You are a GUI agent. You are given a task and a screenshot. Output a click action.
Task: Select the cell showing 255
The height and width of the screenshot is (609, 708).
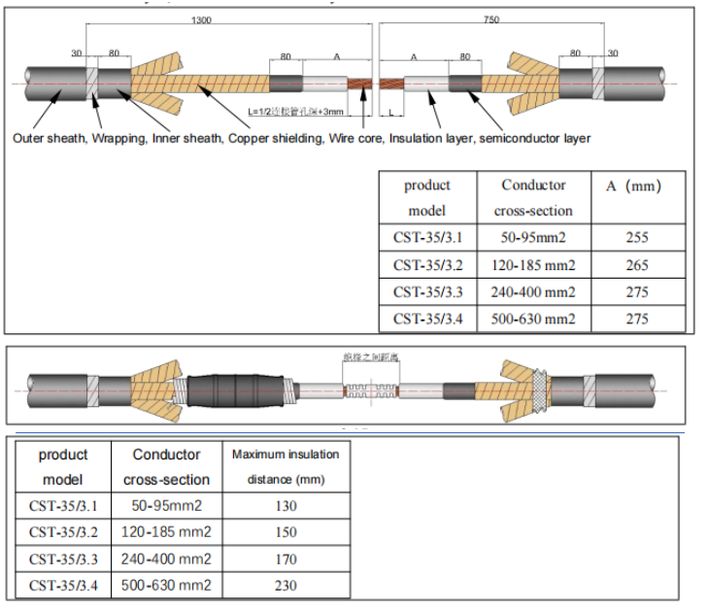[x=637, y=236]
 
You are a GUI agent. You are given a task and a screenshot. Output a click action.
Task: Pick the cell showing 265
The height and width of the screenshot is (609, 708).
[x=637, y=264]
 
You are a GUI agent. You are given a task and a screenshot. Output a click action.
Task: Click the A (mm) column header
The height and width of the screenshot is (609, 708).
[x=632, y=186]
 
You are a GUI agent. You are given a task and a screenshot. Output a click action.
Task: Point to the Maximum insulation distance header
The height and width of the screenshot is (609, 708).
[x=286, y=466]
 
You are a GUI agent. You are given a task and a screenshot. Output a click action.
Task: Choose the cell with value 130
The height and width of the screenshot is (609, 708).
[x=286, y=505]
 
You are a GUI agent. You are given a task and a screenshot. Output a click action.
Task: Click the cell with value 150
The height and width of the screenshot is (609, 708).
[x=286, y=532]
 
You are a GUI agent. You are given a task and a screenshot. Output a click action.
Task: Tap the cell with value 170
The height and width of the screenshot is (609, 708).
[x=286, y=559]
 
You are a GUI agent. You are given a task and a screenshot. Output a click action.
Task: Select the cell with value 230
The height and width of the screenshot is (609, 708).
[x=286, y=587]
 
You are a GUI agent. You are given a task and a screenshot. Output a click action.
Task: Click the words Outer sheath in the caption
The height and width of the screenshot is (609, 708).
[x=50, y=139]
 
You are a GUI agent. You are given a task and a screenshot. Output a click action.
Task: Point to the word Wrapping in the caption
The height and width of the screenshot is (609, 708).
[x=121, y=139]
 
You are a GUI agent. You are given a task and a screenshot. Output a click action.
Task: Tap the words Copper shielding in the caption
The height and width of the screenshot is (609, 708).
[x=271, y=139]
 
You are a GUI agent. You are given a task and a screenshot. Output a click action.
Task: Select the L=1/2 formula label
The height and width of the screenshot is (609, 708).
[x=296, y=113]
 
